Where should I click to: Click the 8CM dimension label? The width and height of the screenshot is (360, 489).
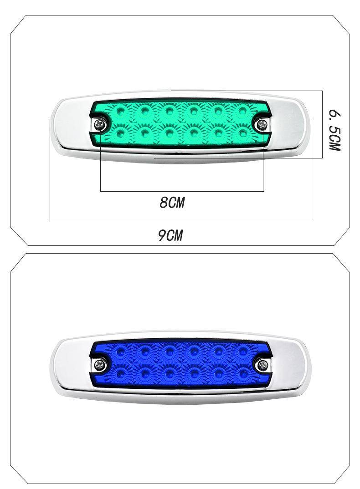point(172,203)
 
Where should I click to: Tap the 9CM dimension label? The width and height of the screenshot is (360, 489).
point(170,235)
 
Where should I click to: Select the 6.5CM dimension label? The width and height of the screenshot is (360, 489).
point(334,130)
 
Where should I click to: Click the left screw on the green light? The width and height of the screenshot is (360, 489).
point(100,125)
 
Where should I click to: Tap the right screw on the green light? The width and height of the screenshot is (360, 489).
point(261,125)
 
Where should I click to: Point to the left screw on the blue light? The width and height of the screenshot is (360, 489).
point(100,364)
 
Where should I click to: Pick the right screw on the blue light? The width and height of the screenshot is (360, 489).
point(262,364)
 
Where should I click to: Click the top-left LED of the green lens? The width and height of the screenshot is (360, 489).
point(120,110)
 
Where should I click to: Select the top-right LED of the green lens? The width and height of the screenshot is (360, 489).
point(243,110)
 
